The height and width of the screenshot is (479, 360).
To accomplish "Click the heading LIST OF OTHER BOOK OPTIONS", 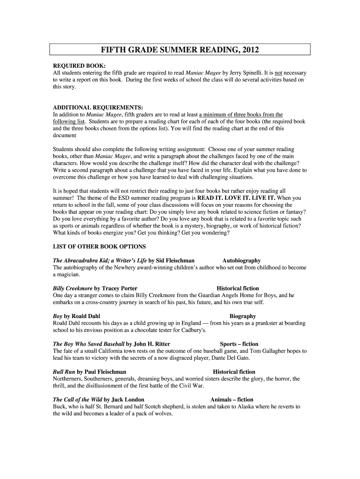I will pos(100,247).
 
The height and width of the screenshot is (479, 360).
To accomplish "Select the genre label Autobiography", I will pos(241,261).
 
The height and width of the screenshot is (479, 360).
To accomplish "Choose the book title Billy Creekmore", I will pos(73,289).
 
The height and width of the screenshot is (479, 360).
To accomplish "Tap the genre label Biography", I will pos(243,316).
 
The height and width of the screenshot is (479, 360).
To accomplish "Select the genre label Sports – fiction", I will pos(239,344).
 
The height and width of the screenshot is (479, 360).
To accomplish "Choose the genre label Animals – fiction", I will pos(232,399).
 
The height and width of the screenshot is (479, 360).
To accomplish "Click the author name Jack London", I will pos(128,399).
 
